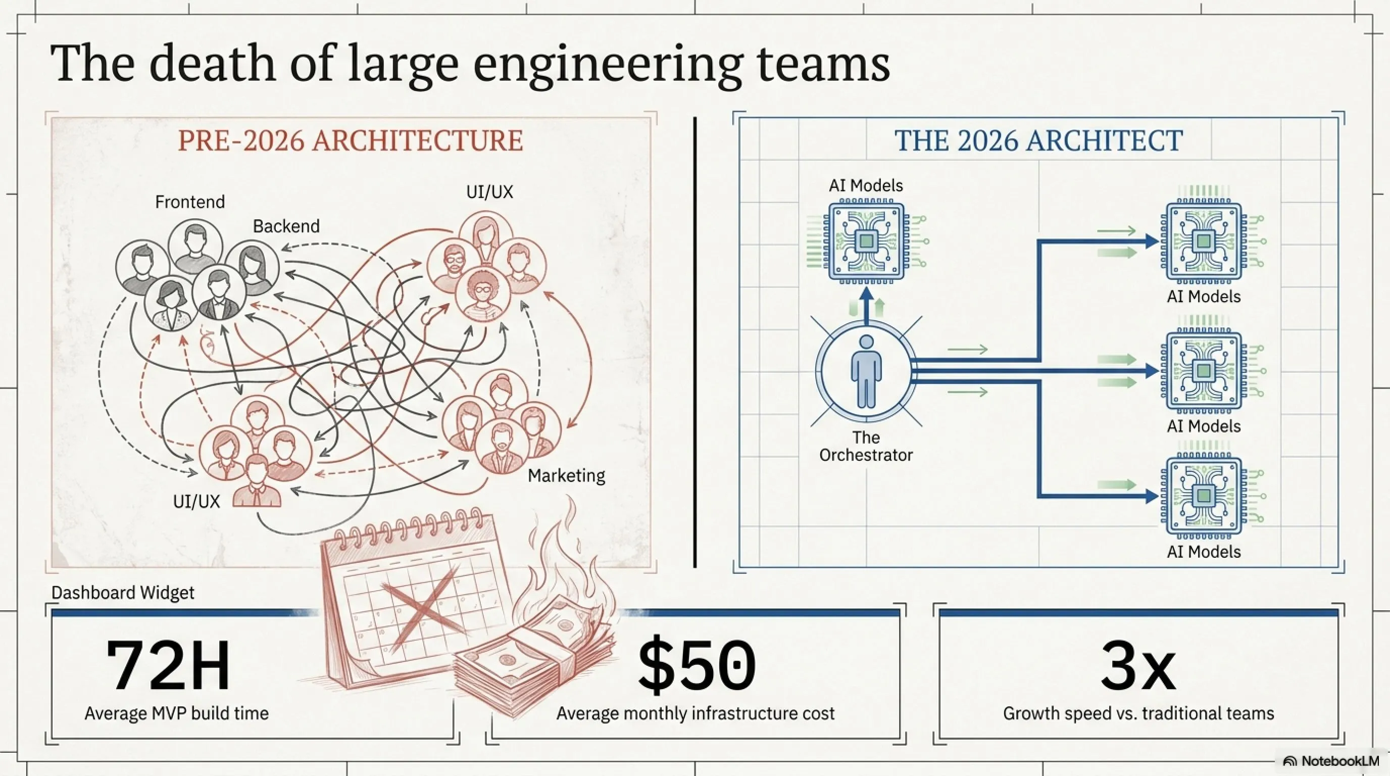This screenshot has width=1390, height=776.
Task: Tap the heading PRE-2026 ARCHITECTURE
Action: point(350,140)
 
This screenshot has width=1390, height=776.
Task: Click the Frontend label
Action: point(190,202)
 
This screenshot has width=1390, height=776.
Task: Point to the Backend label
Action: point(286,226)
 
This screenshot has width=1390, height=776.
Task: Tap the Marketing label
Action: point(566,475)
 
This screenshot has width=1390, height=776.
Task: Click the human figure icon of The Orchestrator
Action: point(866,372)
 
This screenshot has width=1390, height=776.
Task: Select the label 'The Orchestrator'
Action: point(866,446)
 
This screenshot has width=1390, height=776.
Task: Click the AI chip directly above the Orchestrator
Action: point(866,241)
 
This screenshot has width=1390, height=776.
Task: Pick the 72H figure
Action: point(168,665)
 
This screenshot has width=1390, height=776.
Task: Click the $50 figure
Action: point(696,666)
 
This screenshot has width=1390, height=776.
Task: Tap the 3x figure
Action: point(1138,665)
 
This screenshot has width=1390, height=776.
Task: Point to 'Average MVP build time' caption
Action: point(176,713)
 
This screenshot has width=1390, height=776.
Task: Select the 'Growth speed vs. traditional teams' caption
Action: point(1138,713)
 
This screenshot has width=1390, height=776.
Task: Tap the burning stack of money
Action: point(539,642)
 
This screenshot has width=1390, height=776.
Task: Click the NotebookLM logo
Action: point(1330,761)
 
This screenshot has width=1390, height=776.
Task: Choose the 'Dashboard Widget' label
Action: point(123,593)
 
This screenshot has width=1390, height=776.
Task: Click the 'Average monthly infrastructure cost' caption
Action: point(696,713)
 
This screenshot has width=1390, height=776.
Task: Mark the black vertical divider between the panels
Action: point(694,343)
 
